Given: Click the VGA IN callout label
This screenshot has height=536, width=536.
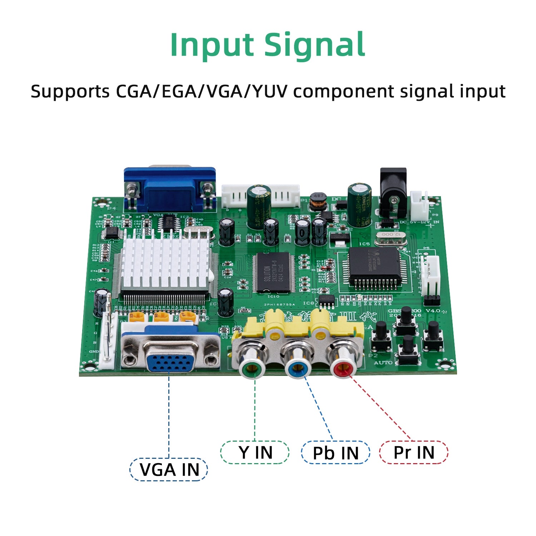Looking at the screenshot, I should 169,470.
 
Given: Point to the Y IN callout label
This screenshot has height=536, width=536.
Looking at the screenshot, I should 255,453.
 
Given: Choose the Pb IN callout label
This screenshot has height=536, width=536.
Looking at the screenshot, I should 335,453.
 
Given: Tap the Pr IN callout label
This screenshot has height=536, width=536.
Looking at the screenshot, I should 413,453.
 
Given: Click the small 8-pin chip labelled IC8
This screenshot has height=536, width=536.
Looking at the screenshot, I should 326,301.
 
